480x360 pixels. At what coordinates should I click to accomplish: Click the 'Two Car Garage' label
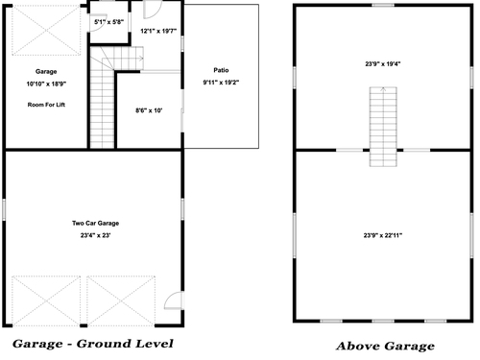[x=95, y=223]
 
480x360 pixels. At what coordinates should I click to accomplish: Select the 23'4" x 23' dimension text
[x=95, y=235]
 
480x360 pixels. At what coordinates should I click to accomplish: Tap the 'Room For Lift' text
[x=46, y=105]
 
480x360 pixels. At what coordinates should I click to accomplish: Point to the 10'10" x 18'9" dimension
[x=46, y=84]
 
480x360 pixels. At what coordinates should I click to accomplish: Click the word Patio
[x=221, y=70]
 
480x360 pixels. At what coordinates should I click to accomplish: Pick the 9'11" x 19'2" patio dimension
[x=221, y=83]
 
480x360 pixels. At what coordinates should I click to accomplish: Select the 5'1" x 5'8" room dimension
[x=108, y=22]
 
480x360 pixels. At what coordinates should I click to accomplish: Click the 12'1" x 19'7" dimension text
[x=158, y=31]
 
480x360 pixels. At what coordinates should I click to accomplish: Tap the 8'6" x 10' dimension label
[x=149, y=110]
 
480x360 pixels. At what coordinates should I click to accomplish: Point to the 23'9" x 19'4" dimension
[x=383, y=64]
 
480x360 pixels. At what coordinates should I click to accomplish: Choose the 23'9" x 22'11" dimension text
[x=383, y=235]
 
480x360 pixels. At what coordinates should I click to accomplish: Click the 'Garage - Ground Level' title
[x=93, y=344]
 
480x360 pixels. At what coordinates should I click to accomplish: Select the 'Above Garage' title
[x=385, y=346]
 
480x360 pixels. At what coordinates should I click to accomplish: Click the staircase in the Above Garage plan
[x=383, y=127]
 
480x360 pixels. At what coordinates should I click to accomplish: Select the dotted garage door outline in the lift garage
[x=46, y=31]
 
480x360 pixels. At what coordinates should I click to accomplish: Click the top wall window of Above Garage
[x=383, y=5]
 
